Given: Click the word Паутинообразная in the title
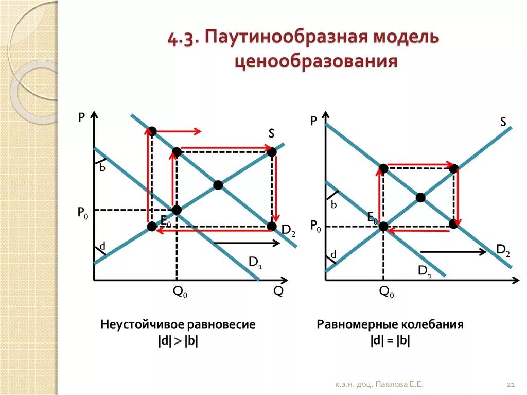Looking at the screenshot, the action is (x=283, y=39).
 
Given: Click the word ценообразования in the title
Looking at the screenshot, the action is (x=316, y=62).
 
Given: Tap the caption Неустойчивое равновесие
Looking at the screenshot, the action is (x=178, y=325).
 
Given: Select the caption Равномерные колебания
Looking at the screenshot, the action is (x=390, y=325).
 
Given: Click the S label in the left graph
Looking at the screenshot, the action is (x=271, y=133).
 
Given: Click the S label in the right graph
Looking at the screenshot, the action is (x=503, y=122).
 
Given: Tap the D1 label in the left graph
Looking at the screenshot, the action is (x=256, y=262).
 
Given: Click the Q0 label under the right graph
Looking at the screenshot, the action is (x=387, y=293).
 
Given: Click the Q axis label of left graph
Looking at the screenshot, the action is (x=278, y=291).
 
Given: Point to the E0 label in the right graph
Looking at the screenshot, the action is (x=373, y=218).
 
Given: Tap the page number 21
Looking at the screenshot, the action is (x=511, y=385).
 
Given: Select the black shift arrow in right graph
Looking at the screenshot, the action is (x=453, y=252).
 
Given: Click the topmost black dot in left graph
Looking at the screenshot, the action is (x=152, y=131).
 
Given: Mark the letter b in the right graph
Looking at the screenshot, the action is (x=333, y=205).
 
